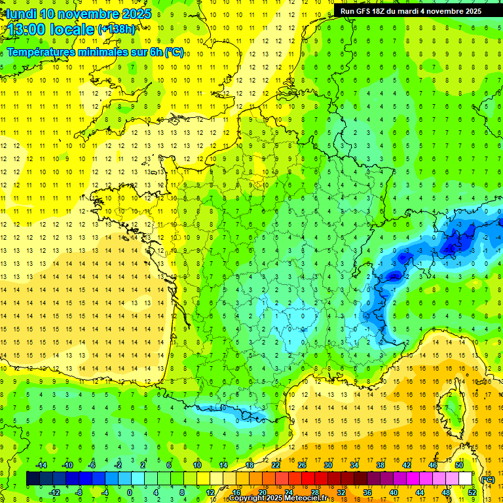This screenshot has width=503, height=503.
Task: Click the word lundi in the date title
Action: [x=21, y=14]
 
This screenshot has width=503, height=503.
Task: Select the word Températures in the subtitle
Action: [x=40, y=52]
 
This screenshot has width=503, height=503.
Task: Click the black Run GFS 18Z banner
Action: [x=410, y=10]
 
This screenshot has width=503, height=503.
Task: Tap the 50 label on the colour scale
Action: [x=459, y=465]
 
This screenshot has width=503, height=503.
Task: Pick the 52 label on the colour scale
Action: [x=472, y=492]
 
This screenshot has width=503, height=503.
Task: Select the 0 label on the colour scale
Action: [x=130, y=492]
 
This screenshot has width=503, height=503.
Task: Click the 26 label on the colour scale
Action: [x=302, y=465]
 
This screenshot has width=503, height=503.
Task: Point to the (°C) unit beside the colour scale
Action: [x=487, y=479]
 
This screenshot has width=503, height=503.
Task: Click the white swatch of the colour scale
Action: [x=466, y=479]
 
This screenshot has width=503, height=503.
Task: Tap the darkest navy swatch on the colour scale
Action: [x=33, y=479]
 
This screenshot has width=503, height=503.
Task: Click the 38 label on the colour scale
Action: [x=381, y=465]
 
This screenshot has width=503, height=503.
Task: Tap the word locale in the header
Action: [x=73, y=29]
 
